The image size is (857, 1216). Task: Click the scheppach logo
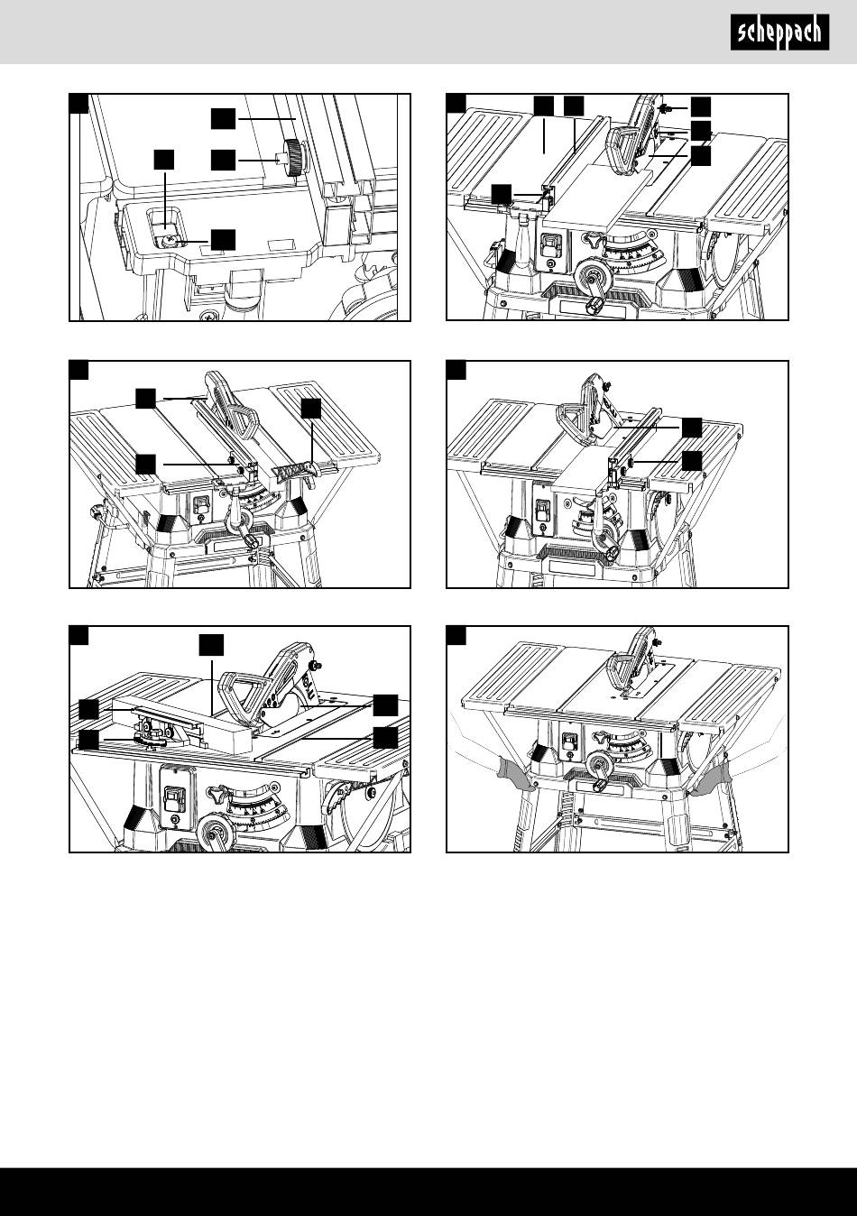pyautogui.click(x=778, y=33)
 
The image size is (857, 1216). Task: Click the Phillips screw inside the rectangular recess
pyautogui.click(x=169, y=240)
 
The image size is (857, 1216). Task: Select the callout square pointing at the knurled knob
pyautogui.click(x=224, y=160)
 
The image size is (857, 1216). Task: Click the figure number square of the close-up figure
pyautogui.click(x=79, y=103)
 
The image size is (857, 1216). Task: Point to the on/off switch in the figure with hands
pyautogui.click(x=569, y=742)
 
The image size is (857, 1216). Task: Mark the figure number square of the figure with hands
pyautogui.click(x=456, y=636)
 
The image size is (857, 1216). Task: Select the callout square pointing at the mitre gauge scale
pyautogui.click(x=88, y=741)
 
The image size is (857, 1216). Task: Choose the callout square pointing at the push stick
pyautogui.click(x=311, y=408)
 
